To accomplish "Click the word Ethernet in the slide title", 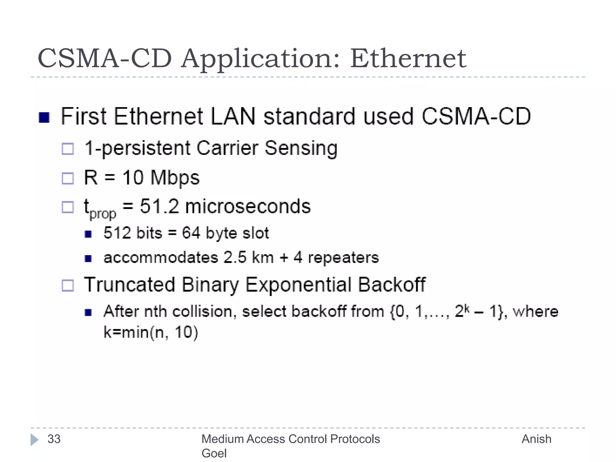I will [408, 58].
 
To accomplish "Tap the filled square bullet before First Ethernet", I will [44, 118].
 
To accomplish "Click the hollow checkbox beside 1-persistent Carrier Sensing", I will [68, 149].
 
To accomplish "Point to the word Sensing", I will [301, 149].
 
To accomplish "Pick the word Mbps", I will [175, 178].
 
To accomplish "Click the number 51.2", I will [159, 206].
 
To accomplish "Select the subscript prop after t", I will [103, 214].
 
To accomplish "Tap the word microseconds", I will [248, 206].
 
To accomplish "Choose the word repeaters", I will [343, 257].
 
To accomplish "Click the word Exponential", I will [298, 285].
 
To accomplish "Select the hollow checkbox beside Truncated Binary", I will [68, 285].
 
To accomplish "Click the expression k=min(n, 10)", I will [151, 332].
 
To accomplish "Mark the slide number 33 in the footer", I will [54, 439].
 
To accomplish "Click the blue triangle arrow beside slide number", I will [34, 439].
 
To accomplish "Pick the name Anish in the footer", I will [536, 439].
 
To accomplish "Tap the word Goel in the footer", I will [214, 453].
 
